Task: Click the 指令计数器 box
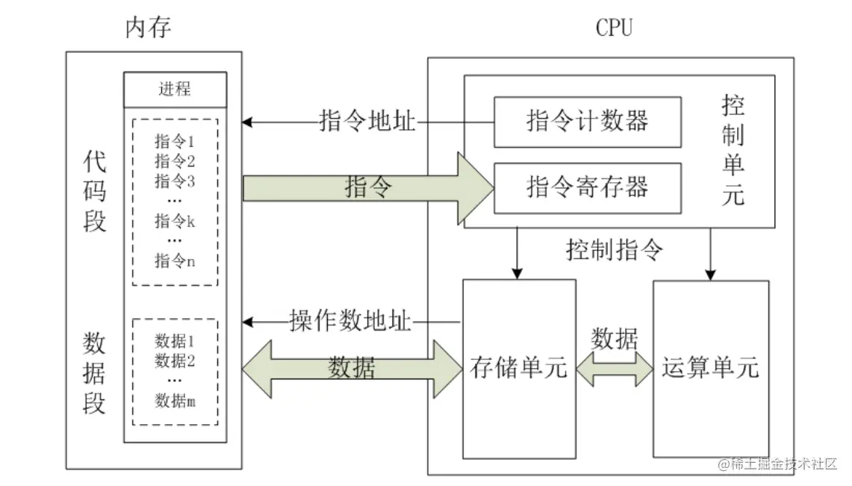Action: (x=587, y=120)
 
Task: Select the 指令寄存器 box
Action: (x=587, y=186)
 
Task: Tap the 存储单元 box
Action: (x=519, y=368)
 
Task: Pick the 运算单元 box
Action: (x=710, y=368)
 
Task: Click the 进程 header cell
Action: (x=175, y=90)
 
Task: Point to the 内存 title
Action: (x=148, y=28)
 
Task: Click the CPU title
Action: (x=614, y=28)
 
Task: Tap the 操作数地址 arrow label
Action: (x=350, y=322)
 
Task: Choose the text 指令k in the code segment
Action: (x=175, y=221)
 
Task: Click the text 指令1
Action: (x=175, y=141)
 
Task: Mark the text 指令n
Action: (x=175, y=261)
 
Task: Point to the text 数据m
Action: (x=175, y=401)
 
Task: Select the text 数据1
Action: (x=175, y=342)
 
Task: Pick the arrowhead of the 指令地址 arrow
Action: (x=247, y=121)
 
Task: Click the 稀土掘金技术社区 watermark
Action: (x=777, y=464)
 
